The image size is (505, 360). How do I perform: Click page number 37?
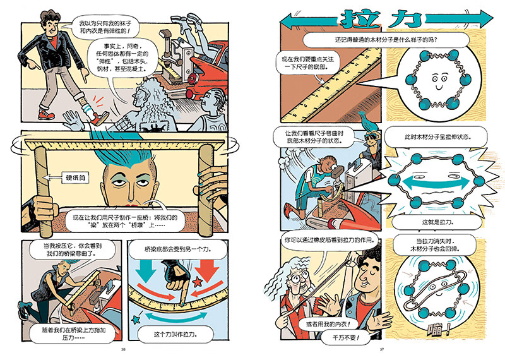coord(382,351)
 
